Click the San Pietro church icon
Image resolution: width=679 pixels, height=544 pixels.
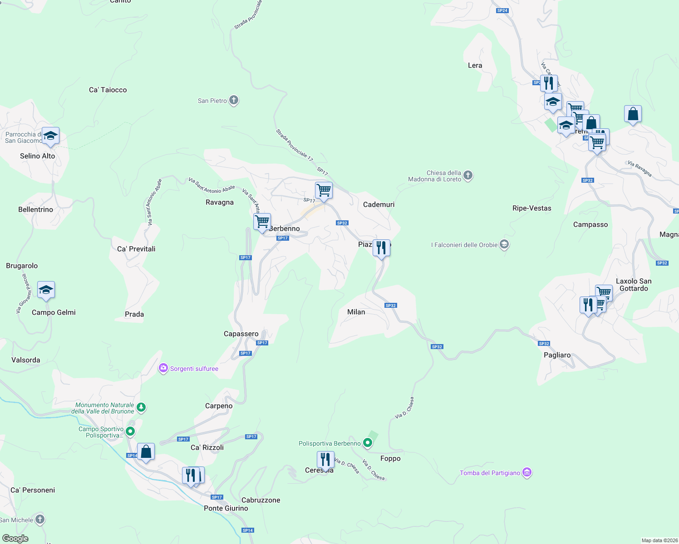[234, 100]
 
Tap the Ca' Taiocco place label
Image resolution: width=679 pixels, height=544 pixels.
[108, 90]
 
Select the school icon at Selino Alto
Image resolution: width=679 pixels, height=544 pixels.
[50, 136]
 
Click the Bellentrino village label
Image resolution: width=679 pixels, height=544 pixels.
[35, 209]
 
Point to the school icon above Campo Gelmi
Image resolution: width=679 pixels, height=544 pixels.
[46, 290]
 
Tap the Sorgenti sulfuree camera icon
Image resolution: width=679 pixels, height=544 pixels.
[163, 369]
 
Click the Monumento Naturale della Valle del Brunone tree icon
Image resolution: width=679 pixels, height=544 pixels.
[141, 408]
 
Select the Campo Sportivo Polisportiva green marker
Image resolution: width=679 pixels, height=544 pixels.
[130, 431]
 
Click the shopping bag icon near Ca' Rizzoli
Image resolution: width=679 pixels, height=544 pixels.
[146, 452]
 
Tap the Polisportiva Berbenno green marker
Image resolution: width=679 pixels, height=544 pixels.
[368, 443]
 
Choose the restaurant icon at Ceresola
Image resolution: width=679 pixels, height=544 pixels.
[325, 460]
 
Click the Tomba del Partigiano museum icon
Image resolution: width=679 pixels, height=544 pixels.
[526, 472]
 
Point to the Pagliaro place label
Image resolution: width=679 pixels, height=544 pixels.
[557, 355]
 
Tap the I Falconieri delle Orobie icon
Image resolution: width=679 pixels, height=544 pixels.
[504, 245]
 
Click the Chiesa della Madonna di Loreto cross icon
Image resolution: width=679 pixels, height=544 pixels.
[468, 175]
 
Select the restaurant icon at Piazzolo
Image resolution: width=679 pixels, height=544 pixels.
[381, 248]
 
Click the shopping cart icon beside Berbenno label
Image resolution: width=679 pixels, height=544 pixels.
[262, 222]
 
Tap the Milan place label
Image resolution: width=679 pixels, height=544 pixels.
[356, 312]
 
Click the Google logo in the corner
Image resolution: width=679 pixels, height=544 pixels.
[15, 538]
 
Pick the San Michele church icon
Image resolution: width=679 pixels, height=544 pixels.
[40, 520]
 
